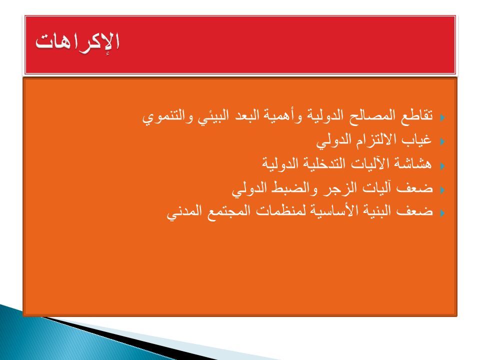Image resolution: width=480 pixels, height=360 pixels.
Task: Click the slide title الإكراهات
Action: click(77, 43)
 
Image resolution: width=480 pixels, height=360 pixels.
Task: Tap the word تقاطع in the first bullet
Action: click(416, 115)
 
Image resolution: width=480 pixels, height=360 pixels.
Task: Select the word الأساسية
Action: click(333, 211)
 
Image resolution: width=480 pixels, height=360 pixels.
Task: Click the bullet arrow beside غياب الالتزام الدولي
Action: click(442, 141)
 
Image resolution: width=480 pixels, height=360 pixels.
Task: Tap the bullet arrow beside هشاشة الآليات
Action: click(442, 166)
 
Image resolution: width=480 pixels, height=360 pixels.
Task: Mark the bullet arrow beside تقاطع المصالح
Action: click(442, 117)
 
